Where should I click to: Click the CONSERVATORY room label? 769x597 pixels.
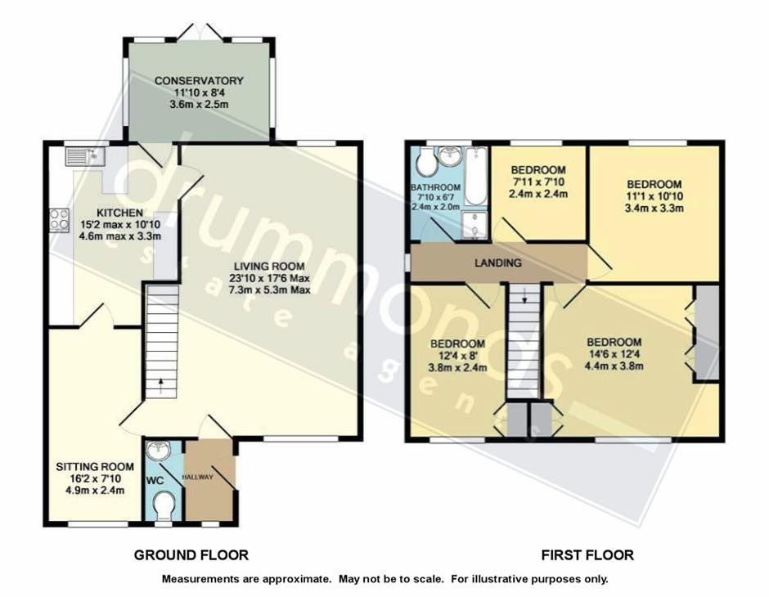tap(199, 81)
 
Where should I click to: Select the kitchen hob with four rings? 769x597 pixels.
tap(60, 219)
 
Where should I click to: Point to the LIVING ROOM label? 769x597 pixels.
tap(268, 266)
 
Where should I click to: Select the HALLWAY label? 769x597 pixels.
tap(197, 477)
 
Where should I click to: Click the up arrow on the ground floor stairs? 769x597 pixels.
tap(161, 381)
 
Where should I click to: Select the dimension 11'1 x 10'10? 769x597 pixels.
tap(654, 196)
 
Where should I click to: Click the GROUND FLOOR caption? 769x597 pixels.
tap(191, 555)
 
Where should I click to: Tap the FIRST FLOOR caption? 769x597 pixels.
tap(587, 555)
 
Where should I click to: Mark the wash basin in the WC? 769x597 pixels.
tap(157, 450)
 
